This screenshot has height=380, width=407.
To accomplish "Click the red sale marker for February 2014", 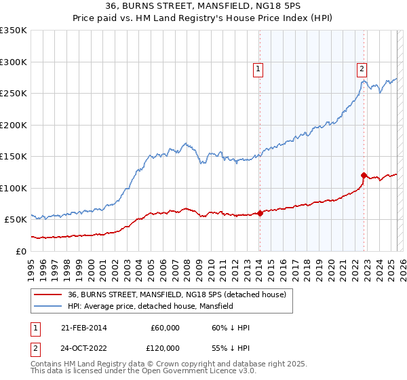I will tap(260, 213).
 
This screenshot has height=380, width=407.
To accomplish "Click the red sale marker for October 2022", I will tap(364, 175).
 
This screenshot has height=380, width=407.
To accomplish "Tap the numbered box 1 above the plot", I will tap(258, 68).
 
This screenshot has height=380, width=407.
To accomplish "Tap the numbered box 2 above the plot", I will tap(362, 68).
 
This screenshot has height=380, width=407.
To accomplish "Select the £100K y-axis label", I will tap(14, 188).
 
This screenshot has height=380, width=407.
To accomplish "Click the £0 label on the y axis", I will tap(22, 251).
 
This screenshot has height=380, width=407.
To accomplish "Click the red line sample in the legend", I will tap(48, 294).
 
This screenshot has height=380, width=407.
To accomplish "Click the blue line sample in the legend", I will tap(48, 306).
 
